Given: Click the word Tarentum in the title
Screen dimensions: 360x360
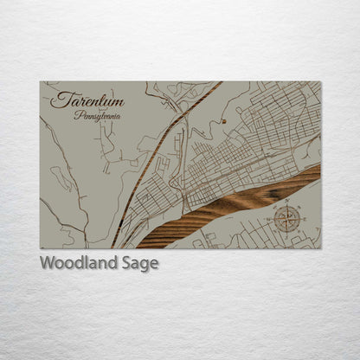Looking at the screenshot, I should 87,101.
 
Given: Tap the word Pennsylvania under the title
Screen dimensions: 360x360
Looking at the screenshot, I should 98,116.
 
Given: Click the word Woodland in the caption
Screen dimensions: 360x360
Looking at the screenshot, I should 76,263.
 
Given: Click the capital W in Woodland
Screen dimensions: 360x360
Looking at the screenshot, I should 48,263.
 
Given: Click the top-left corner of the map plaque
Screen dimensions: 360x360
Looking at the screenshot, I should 40,82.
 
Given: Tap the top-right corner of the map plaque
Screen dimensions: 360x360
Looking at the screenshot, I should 320,82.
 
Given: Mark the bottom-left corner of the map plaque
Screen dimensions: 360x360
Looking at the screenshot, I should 40,248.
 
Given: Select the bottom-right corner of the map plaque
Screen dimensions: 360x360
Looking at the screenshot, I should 320,248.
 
